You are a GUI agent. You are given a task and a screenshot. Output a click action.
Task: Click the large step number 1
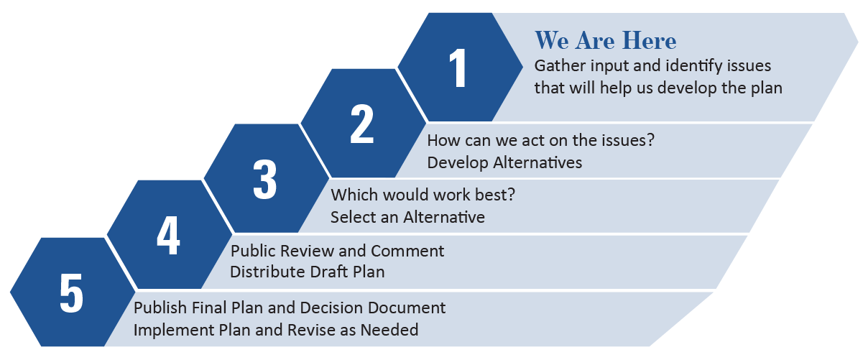[458, 70]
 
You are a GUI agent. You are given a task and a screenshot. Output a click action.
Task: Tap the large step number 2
[361, 124]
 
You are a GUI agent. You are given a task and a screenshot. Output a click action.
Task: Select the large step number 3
[264, 179]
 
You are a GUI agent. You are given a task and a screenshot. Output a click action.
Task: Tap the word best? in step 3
[496, 195]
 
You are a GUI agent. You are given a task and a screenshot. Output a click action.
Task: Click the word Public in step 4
[250, 251]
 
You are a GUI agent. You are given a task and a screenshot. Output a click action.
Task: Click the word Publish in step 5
[160, 308]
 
